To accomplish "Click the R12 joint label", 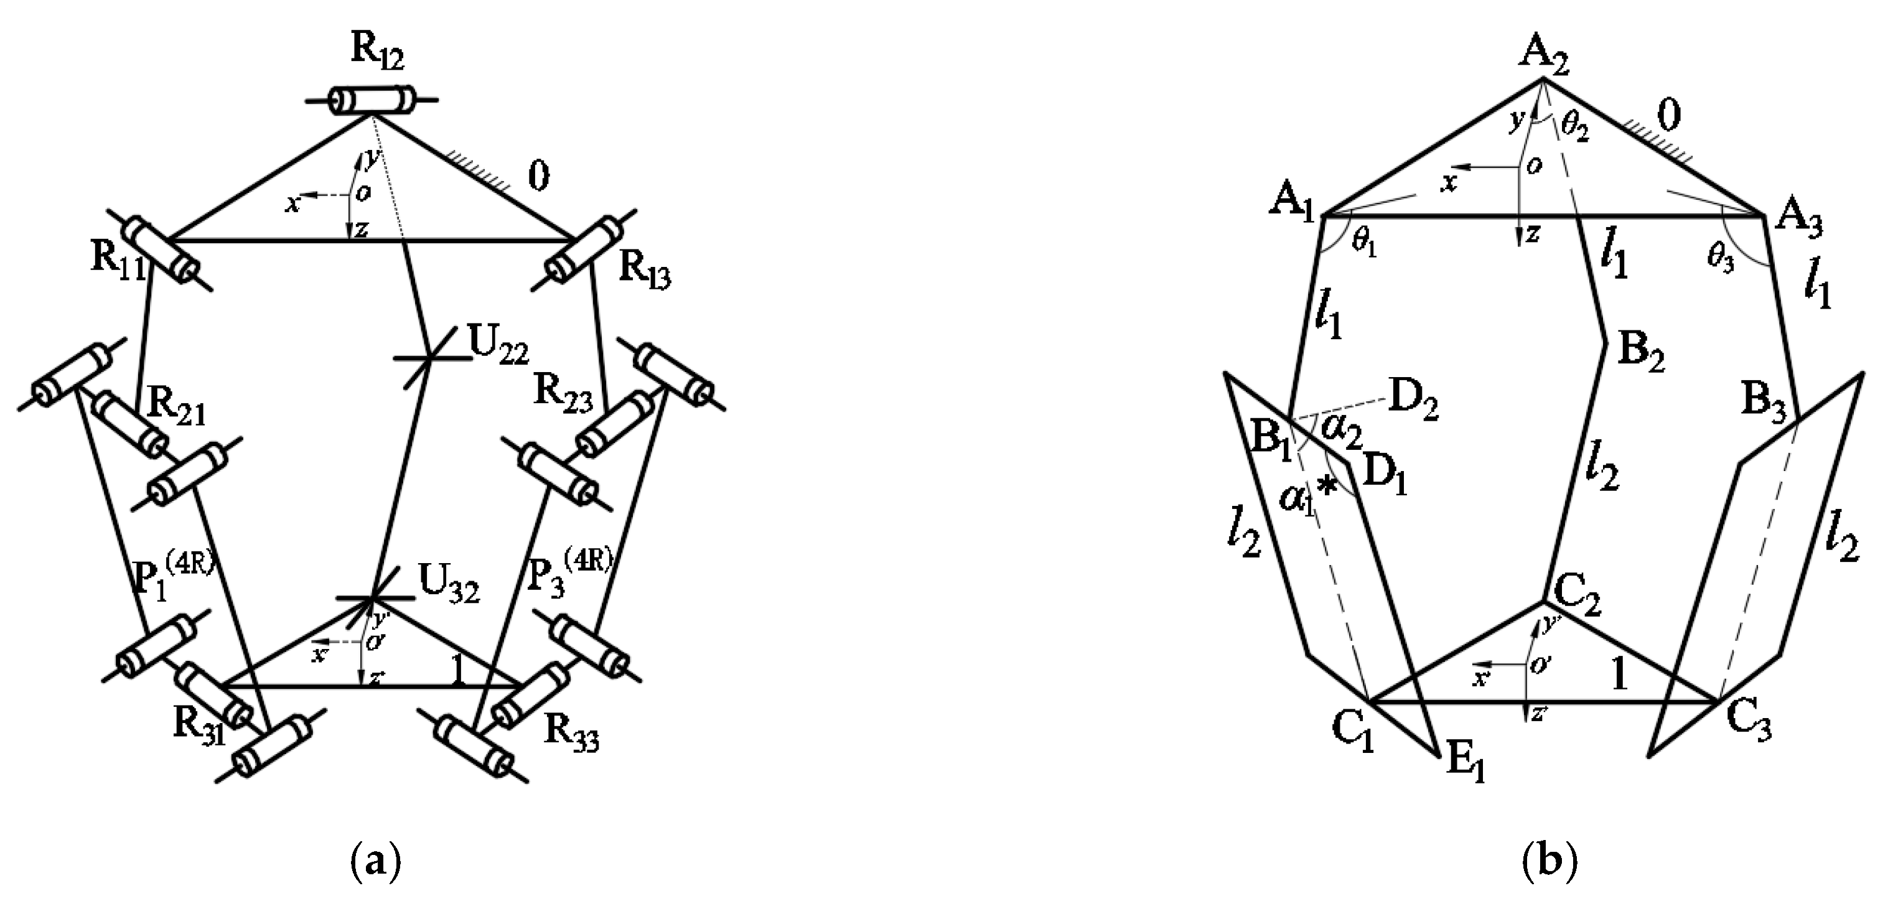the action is coord(378,50).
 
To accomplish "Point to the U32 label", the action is coord(449,585).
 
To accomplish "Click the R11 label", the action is coord(118,280).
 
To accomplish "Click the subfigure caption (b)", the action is coord(1549,862).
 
